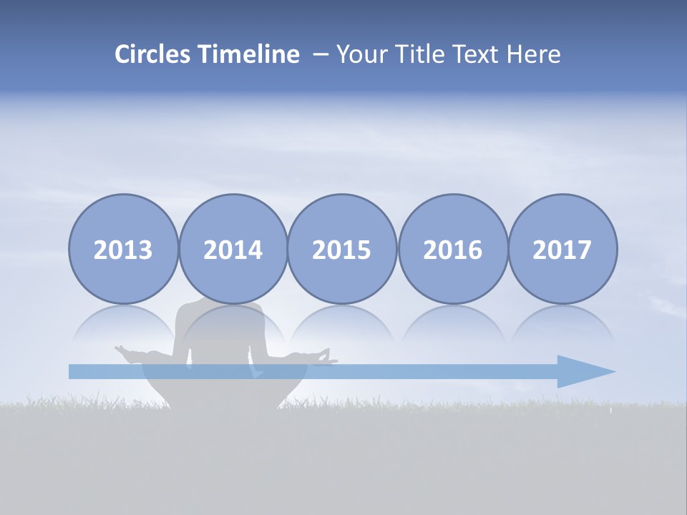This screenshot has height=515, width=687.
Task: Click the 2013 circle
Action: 123,249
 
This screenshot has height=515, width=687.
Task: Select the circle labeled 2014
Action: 233,249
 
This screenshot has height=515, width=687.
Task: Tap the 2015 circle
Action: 342,249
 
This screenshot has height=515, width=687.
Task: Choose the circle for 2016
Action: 453,249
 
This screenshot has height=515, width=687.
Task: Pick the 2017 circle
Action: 562,249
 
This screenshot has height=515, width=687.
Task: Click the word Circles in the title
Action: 154,54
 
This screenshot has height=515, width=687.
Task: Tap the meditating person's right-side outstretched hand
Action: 326,355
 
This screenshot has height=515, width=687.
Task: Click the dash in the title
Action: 321,55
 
